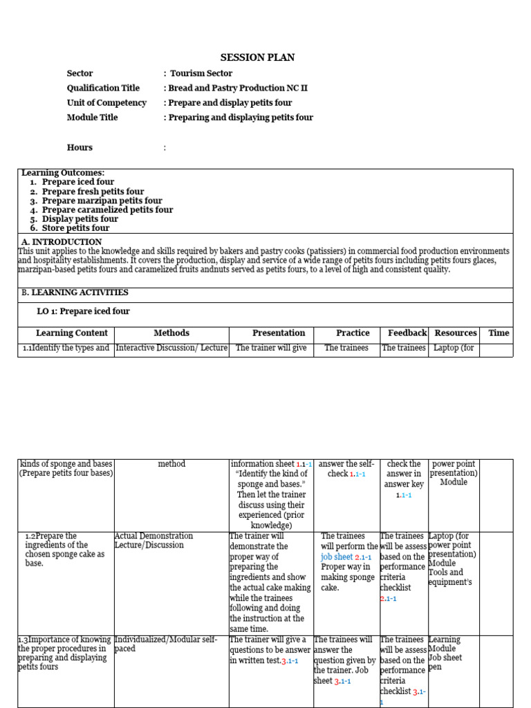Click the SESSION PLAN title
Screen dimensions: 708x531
point(257,57)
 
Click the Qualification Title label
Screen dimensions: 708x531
point(103,88)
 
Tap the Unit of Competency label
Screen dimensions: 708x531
point(106,102)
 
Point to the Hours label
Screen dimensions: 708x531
point(80,147)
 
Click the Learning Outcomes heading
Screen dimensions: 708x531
point(63,173)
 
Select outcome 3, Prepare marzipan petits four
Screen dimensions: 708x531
point(102,201)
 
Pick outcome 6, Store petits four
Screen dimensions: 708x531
point(75,228)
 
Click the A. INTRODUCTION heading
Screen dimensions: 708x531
point(62,242)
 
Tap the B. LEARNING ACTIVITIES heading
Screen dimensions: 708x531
point(75,292)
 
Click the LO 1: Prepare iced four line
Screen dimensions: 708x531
point(83,311)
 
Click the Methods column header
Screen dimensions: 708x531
point(171,333)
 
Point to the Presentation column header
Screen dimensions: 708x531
point(279,333)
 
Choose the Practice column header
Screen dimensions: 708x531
point(353,333)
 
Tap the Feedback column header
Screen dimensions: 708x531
point(407,333)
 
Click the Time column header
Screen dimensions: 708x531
point(499,333)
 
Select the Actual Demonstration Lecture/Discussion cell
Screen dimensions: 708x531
point(153,541)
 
